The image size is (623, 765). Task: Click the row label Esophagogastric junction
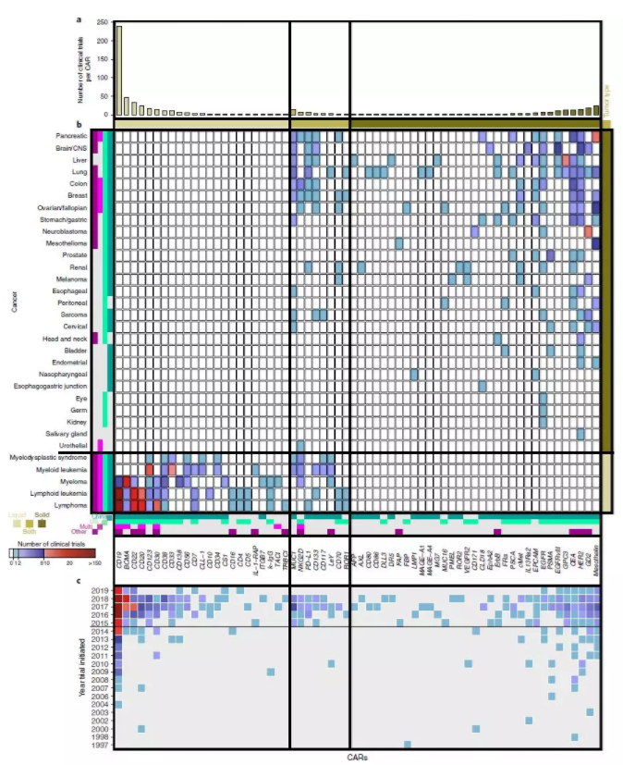click(52, 386)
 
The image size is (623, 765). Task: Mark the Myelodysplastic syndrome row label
click(48, 458)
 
